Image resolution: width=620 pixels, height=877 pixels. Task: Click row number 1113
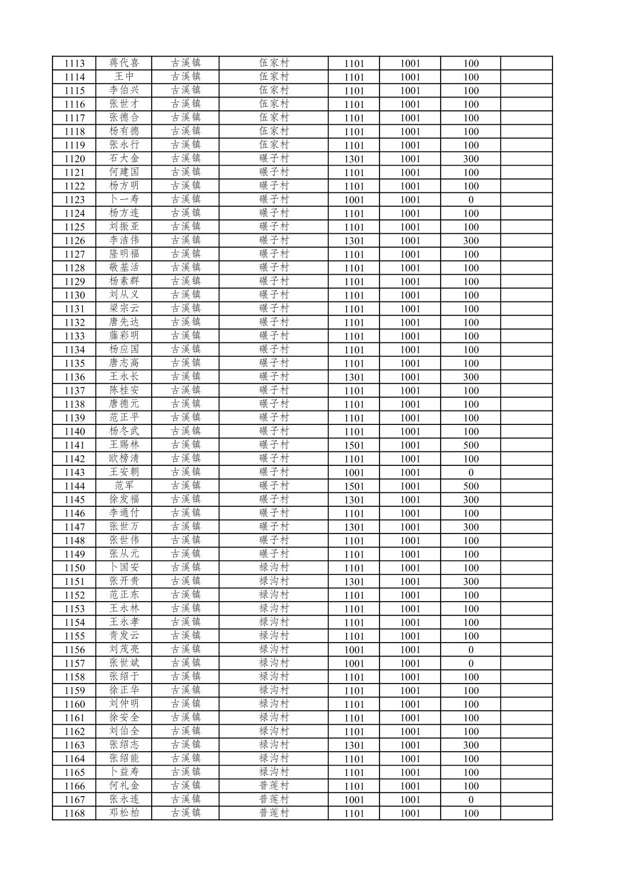click(74, 64)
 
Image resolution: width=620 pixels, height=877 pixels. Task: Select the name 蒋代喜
click(124, 63)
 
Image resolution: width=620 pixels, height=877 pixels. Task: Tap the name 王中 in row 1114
click(124, 77)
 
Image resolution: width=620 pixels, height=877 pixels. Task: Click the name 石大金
click(124, 159)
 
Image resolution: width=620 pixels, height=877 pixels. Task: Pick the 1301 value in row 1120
click(354, 159)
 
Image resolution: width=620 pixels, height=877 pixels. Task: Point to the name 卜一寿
click(124, 200)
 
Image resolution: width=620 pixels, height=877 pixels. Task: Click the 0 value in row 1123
click(471, 200)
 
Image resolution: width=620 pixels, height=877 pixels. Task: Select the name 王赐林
click(124, 445)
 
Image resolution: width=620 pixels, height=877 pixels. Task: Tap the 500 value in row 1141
click(471, 445)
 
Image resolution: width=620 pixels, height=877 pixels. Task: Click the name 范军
click(124, 486)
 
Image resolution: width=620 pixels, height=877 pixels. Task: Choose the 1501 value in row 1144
click(354, 486)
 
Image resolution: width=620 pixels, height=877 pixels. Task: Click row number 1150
click(74, 568)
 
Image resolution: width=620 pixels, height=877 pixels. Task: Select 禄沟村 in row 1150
click(273, 568)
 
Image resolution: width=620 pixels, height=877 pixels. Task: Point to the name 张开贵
click(124, 581)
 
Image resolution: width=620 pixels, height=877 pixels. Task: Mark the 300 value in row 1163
click(471, 745)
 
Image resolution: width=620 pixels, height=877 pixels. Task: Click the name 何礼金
click(124, 786)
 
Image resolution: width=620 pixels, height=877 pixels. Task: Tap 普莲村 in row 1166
click(273, 786)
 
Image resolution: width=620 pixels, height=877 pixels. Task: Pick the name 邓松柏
click(124, 813)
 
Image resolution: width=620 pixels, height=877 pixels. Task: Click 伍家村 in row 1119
click(273, 145)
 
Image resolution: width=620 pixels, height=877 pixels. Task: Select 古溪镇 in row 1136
click(186, 377)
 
